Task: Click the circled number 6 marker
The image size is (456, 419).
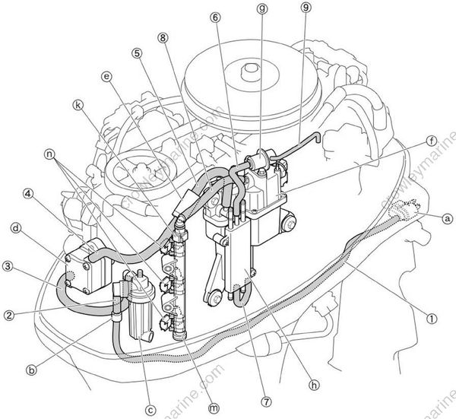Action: click(217, 16)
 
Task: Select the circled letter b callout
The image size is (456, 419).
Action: click(32, 369)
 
